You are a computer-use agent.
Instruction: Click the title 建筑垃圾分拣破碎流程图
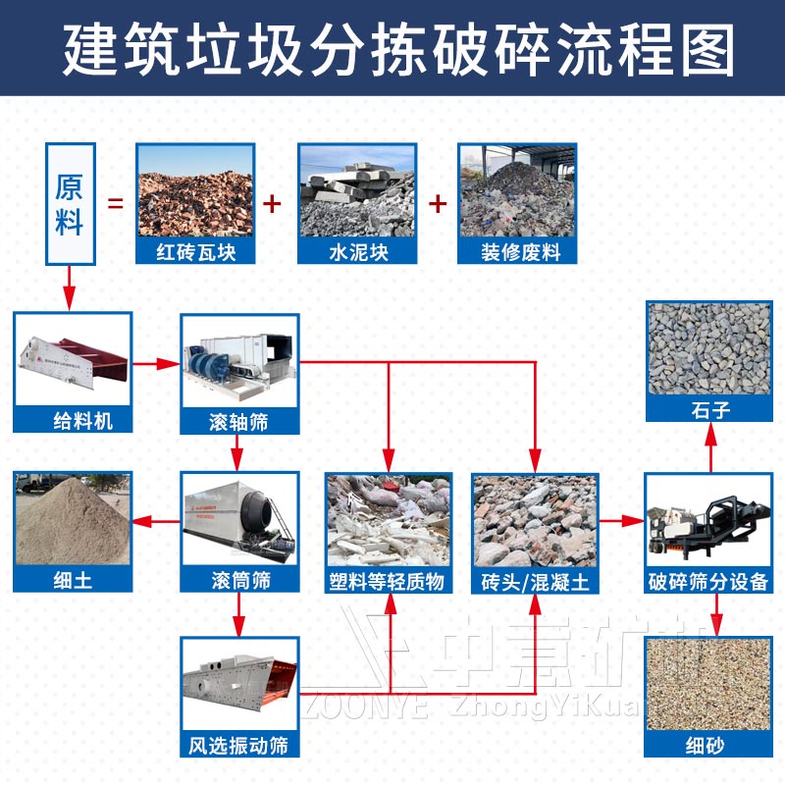[x=392, y=49]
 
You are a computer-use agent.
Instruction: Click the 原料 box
[x=69, y=204]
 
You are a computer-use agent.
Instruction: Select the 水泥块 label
[x=357, y=253]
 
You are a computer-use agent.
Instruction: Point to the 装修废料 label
[x=518, y=253]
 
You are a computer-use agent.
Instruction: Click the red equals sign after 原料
[x=116, y=204]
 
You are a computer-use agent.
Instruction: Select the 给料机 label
[x=73, y=421]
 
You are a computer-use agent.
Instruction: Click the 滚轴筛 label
[x=239, y=421]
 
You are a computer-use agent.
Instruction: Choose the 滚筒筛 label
[x=239, y=580]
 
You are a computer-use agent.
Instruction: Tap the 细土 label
[x=73, y=580]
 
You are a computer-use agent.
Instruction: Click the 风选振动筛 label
[x=239, y=745]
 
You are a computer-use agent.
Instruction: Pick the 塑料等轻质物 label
[x=389, y=580]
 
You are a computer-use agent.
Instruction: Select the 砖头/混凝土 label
[x=535, y=580]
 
